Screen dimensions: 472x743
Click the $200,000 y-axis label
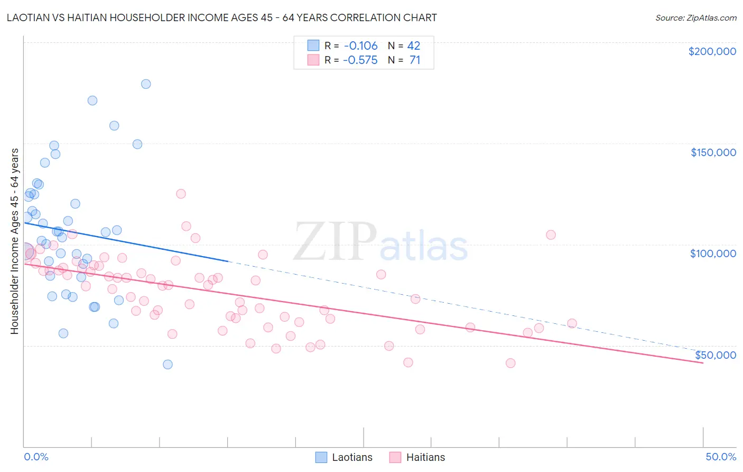(712, 51)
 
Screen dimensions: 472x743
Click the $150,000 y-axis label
(713, 152)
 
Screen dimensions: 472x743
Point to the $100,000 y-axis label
(713, 253)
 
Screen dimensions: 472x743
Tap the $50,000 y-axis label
(715, 355)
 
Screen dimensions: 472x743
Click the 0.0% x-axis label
(36, 457)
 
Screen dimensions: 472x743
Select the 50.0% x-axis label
(721, 457)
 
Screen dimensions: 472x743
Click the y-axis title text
(14, 241)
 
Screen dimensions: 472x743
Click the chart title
(221, 17)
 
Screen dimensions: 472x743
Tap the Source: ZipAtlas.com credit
(695, 18)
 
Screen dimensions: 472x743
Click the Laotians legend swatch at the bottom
(321, 457)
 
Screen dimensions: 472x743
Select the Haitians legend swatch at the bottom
(395, 457)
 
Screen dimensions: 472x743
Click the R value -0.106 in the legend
(360, 46)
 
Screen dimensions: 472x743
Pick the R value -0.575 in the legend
(360, 60)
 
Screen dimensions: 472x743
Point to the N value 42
(413, 46)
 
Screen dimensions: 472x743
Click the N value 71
(415, 60)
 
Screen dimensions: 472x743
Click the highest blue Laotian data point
(146, 84)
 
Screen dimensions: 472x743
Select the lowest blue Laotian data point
(168, 365)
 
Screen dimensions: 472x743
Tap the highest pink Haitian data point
(181, 194)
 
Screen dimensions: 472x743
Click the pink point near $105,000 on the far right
(551, 235)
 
